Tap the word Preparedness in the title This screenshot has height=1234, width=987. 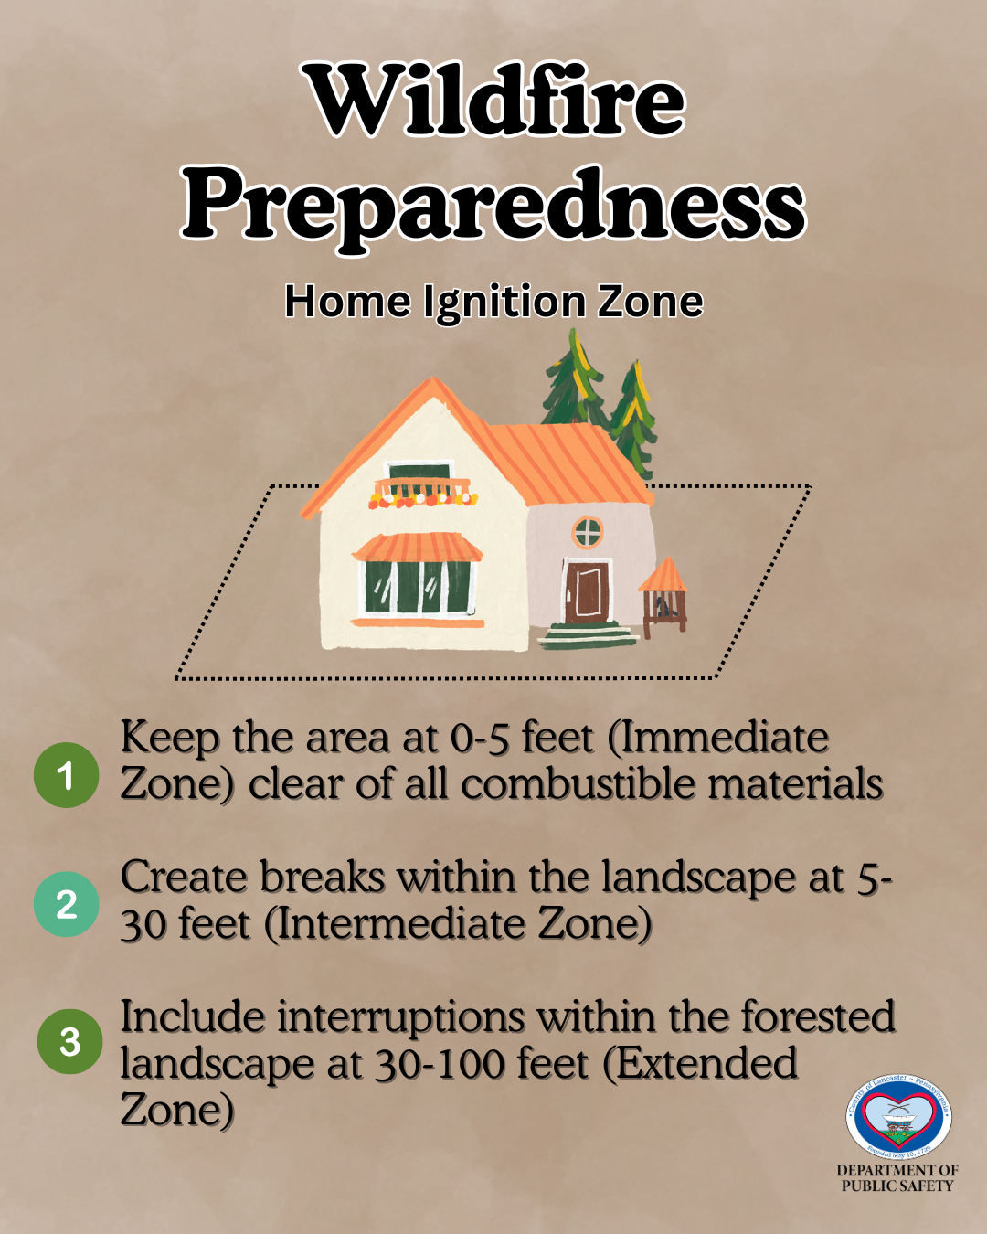point(493,205)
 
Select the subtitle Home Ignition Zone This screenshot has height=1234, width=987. point(493,302)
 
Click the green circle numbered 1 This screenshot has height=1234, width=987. point(66,775)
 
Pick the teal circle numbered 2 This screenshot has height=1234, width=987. point(66,904)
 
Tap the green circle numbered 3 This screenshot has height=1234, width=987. point(69,1041)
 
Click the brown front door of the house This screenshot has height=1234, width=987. point(586,591)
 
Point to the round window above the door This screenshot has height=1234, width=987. point(588,531)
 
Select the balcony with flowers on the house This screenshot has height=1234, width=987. point(422,492)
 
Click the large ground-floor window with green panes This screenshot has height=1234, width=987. point(419,586)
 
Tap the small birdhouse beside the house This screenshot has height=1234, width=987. point(663,598)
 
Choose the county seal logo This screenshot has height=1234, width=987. point(898,1116)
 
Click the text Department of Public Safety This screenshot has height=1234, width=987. point(897,1177)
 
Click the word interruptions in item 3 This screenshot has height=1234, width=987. point(401,1016)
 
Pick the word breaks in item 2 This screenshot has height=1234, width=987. point(323,877)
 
